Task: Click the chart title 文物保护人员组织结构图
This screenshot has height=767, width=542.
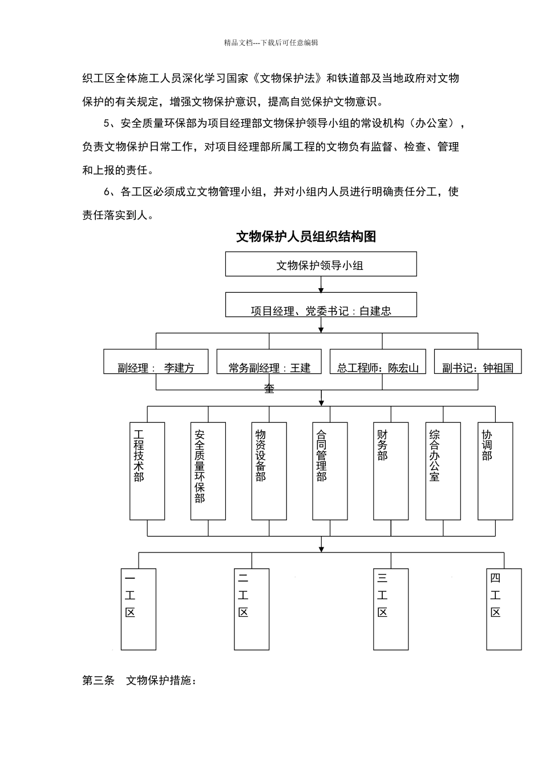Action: tap(306, 237)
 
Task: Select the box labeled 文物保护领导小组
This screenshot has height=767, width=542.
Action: tap(321, 264)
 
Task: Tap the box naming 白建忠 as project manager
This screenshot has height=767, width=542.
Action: tap(321, 305)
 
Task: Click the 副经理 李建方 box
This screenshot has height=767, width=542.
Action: tap(156, 362)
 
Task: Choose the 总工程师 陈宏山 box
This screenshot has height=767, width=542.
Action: tap(378, 362)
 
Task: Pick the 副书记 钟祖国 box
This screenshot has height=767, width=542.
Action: tap(478, 362)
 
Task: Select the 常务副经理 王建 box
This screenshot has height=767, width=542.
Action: tap(269, 362)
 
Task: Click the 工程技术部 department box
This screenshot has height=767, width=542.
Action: tap(147, 471)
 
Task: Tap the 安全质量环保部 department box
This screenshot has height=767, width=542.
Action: tap(208, 471)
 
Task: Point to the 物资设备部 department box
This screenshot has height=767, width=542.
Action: tap(269, 471)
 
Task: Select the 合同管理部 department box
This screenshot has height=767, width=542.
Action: tap(330, 471)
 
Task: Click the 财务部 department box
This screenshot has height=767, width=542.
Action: tap(391, 471)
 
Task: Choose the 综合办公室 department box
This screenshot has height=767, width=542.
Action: tap(443, 471)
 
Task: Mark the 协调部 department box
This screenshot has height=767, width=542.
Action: tap(495, 471)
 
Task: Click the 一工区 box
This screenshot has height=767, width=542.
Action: tap(139, 609)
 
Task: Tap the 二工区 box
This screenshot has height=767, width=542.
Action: tap(252, 609)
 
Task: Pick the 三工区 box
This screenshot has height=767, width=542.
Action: tap(391, 609)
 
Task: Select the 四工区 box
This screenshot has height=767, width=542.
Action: tap(504, 609)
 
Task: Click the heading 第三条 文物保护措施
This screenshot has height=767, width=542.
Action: tap(140, 680)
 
